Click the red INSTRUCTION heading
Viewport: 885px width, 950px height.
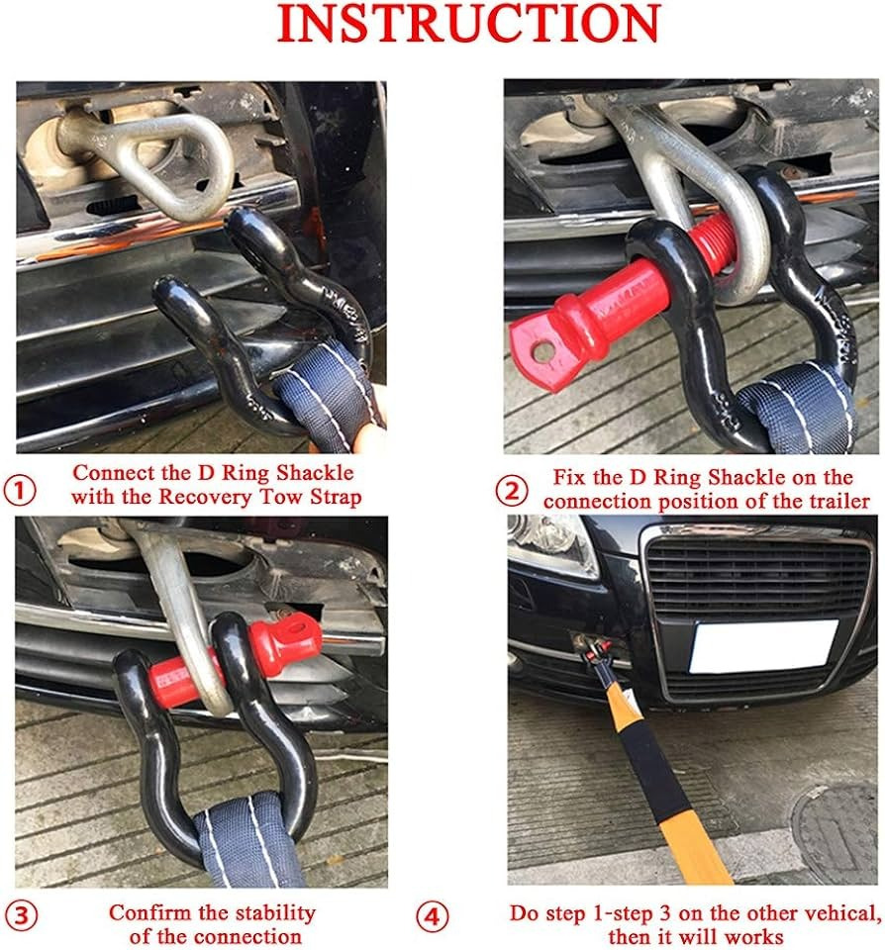(x=468, y=23)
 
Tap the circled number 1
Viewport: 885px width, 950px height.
(x=20, y=490)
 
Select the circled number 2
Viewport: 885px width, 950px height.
(x=512, y=491)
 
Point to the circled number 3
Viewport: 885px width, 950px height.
(x=21, y=915)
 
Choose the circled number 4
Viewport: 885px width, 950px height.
(x=433, y=916)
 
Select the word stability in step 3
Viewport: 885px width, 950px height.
(x=275, y=912)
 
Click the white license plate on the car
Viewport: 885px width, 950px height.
(x=763, y=646)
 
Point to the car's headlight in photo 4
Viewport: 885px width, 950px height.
(x=551, y=546)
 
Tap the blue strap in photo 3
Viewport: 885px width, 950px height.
(x=248, y=841)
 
